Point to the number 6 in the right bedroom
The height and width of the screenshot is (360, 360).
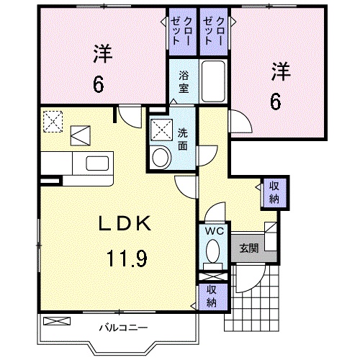(276, 102)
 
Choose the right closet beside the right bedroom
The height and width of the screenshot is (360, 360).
(211, 31)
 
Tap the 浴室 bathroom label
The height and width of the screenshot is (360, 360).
(184, 80)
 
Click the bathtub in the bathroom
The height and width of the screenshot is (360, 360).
(213, 82)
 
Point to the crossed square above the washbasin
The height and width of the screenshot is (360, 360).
(161, 130)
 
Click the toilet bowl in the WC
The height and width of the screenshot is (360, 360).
(212, 252)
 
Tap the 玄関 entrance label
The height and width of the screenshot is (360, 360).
(248, 249)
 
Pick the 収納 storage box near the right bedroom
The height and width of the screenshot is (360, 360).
(274, 192)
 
